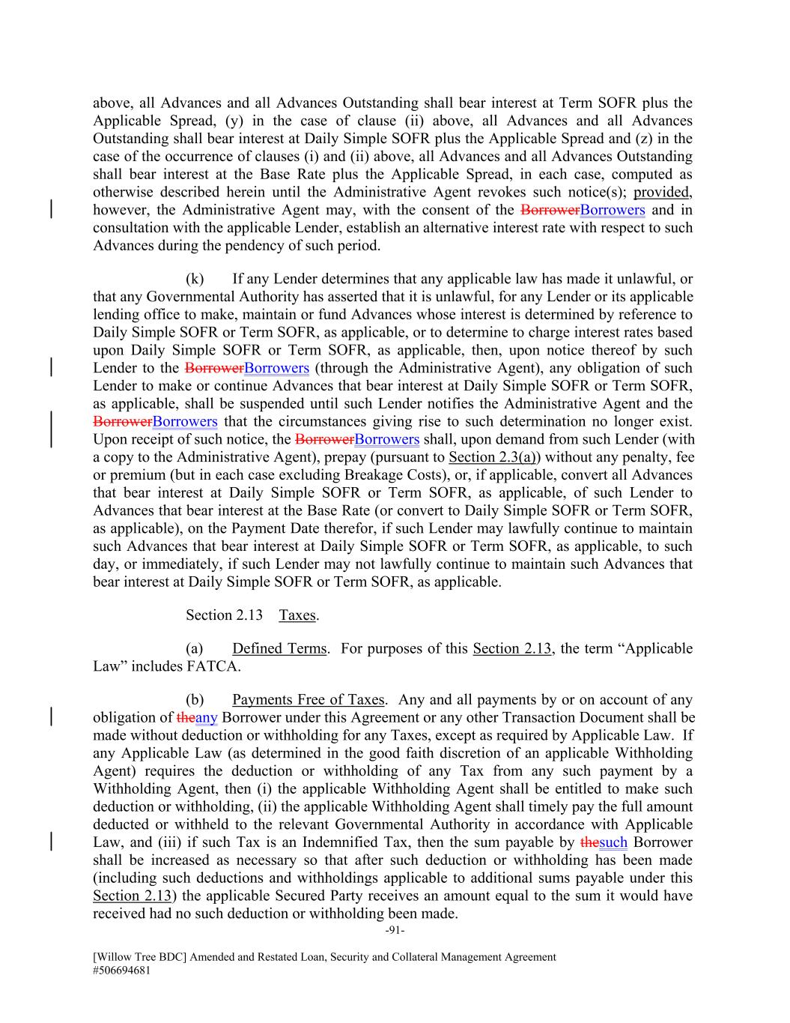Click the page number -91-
pyautogui.click(x=395, y=931)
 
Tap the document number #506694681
pyautogui.click(x=125, y=970)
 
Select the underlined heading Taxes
pyautogui.click(x=297, y=615)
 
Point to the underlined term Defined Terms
pyautogui.click(x=279, y=648)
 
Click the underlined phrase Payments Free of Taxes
pyautogui.click(x=308, y=700)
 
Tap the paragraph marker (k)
pyautogui.click(x=195, y=279)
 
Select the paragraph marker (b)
pyautogui.click(x=195, y=700)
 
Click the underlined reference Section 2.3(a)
pyautogui.click(x=490, y=457)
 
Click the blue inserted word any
pyautogui.click(x=206, y=718)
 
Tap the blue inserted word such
pyautogui.click(x=613, y=842)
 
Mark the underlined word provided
pyautogui.click(x=662, y=192)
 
